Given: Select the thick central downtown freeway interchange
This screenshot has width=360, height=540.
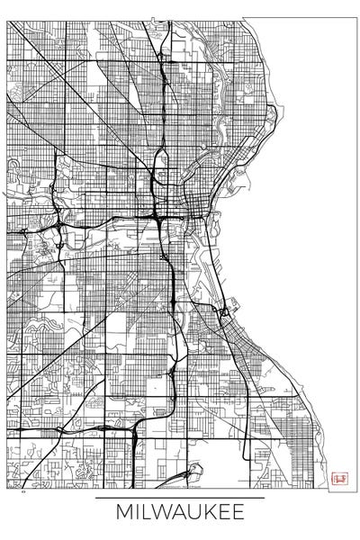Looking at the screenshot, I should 158,216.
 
